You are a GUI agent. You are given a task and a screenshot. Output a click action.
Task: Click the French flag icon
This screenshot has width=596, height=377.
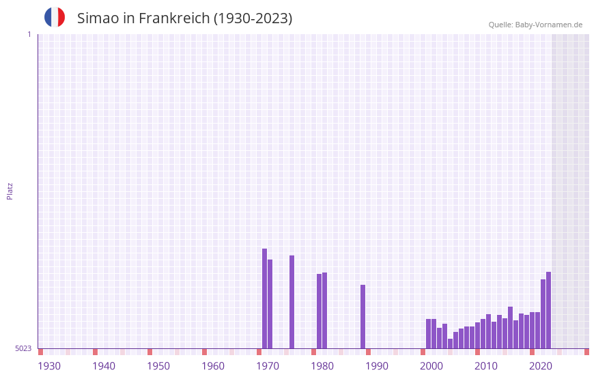[55, 17]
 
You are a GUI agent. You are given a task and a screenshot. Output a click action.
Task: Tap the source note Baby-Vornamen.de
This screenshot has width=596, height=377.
[535, 25]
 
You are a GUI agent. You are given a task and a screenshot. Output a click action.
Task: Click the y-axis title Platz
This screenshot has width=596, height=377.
[10, 191]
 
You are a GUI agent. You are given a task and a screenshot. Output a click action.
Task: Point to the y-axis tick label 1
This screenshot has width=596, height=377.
[29, 34]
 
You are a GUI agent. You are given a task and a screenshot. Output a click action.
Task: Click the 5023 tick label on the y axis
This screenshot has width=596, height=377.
[23, 348]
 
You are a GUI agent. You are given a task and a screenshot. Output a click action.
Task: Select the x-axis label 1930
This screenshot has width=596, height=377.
[49, 366]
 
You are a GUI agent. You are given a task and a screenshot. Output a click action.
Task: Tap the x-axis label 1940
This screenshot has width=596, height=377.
[104, 366]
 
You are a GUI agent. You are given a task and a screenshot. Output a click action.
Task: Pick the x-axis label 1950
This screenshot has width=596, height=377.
[158, 366]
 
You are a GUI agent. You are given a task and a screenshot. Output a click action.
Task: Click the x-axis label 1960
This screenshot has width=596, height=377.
[213, 366]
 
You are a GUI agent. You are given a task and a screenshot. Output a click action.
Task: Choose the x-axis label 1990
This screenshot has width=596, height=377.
[377, 366]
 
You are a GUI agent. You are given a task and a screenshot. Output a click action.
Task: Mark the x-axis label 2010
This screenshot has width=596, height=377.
[486, 366]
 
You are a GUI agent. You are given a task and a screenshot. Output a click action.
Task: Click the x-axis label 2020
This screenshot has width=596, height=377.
[541, 366]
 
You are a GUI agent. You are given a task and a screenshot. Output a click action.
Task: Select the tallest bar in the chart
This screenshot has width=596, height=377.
[264, 298]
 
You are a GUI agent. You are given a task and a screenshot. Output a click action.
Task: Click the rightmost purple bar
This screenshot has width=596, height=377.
[548, 310]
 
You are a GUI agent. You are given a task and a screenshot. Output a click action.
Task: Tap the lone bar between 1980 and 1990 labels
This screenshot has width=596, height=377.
[363, 316]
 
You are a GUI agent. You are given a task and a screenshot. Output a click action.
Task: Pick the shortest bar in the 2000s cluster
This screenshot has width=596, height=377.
[450, 344]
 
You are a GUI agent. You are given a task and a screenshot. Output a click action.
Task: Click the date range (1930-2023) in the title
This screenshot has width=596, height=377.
[253, 18]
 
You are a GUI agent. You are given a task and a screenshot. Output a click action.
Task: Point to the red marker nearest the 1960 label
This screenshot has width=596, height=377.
[204, 352]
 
